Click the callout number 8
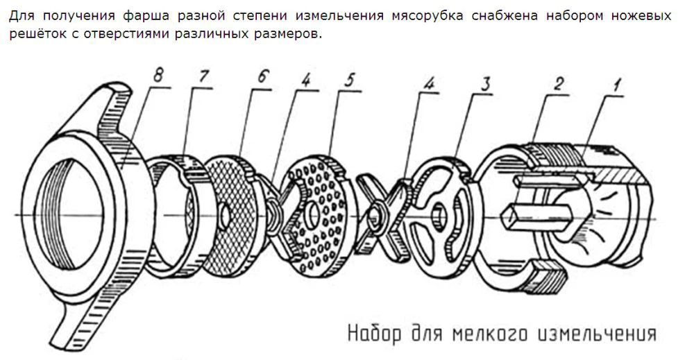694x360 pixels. click(158, 76)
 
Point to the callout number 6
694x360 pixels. click(262, 76)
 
